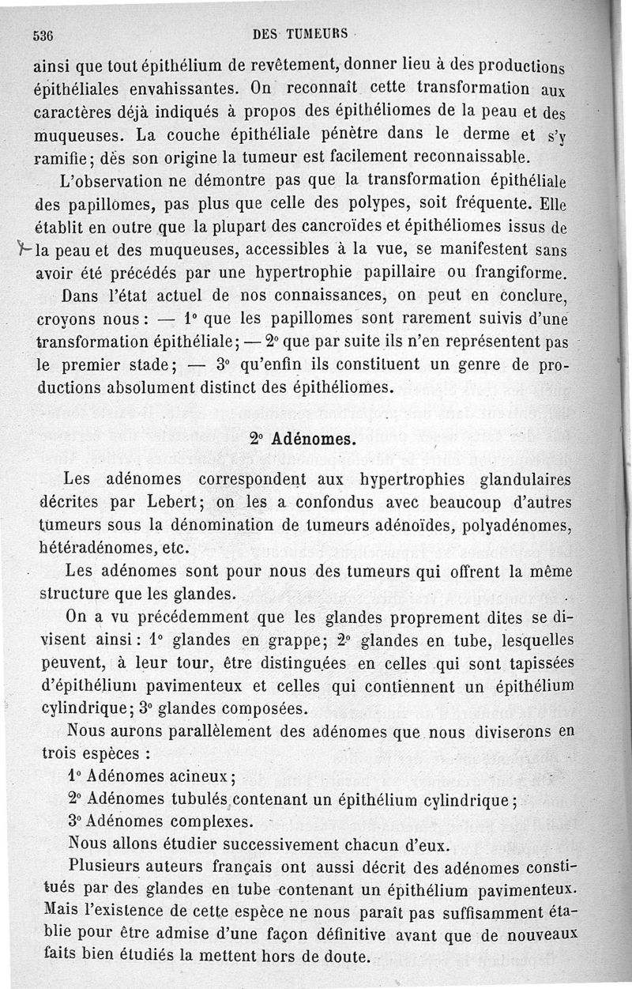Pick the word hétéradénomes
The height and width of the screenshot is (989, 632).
click(96, 547)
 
